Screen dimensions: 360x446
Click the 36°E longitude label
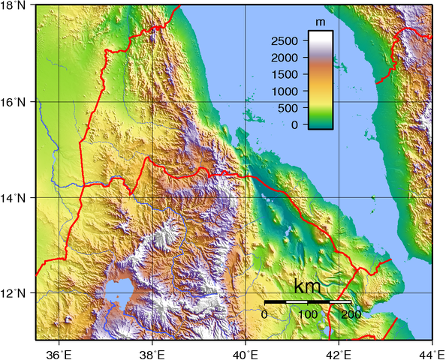point(59,352)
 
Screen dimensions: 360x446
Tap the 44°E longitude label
point(432,352)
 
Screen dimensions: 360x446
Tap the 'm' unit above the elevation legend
point(321,22)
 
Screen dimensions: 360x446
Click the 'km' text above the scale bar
point(308,288)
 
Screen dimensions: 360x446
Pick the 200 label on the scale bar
point(351,314)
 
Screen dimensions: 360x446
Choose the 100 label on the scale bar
point(308,314)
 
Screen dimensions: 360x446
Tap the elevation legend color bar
point(321,79)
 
